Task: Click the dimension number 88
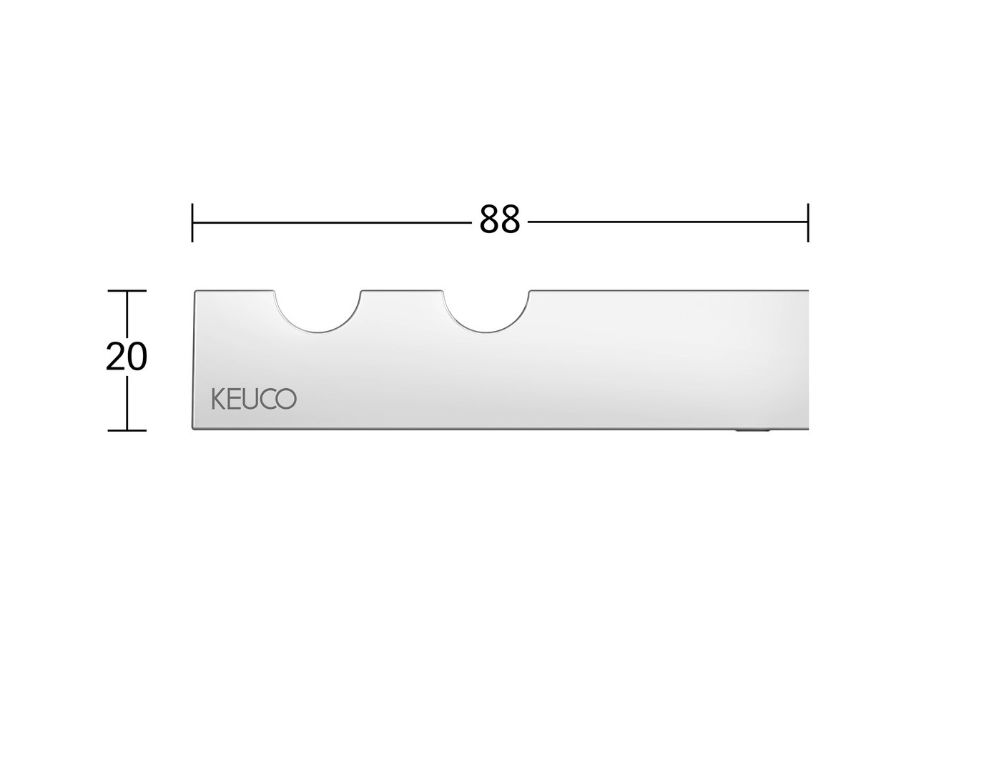point(499,219)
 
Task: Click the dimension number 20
point(126,357)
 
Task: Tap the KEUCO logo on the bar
point(254,399)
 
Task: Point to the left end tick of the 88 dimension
point(192,222)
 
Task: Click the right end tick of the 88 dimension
point(808,222)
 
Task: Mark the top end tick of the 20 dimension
point(127,291)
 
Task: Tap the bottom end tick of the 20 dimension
point(127,430)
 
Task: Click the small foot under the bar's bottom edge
point(752,431)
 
